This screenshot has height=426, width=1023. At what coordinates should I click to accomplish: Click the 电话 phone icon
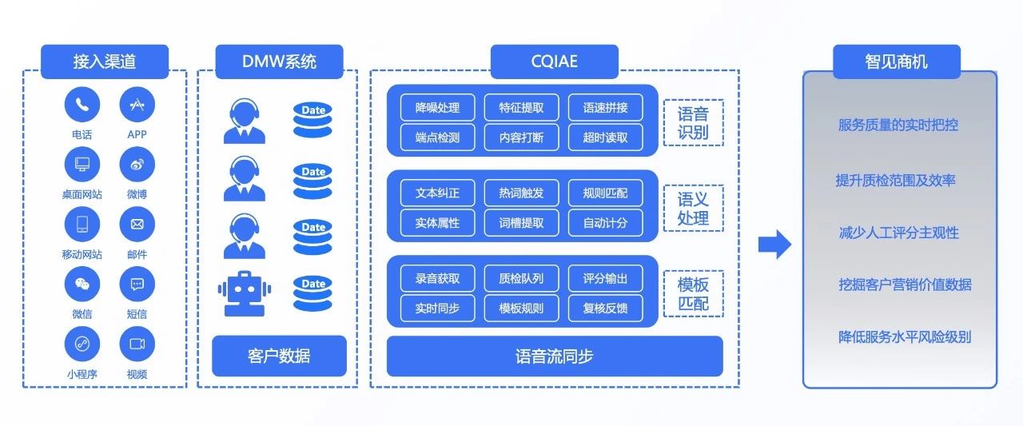82,104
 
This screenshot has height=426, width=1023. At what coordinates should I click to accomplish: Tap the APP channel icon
137,104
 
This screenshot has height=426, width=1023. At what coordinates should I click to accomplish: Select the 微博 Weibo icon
137,164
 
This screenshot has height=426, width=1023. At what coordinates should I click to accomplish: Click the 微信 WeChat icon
82,284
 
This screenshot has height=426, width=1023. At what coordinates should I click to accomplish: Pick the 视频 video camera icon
137,344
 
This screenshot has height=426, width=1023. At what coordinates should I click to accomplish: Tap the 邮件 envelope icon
137,224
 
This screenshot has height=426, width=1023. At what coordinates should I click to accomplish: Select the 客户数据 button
279,356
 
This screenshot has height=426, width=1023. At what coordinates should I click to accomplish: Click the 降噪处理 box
437,108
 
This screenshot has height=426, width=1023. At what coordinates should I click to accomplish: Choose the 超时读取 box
605,137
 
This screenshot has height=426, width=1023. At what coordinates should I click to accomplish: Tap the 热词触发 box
521,193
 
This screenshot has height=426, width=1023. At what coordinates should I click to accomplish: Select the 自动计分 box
605,223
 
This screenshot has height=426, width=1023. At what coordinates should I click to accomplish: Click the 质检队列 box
521,278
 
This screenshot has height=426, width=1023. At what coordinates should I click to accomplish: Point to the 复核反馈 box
605,308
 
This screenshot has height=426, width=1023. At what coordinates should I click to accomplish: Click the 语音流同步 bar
554,356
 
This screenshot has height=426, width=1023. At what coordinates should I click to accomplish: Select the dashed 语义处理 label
693,208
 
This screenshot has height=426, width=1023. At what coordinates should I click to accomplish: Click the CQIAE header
554,62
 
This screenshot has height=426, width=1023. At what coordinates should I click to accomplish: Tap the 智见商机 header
896,62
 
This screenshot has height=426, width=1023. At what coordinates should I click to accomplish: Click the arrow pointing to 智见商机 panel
774,245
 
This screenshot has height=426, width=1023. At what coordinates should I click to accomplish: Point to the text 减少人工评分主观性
898,233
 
